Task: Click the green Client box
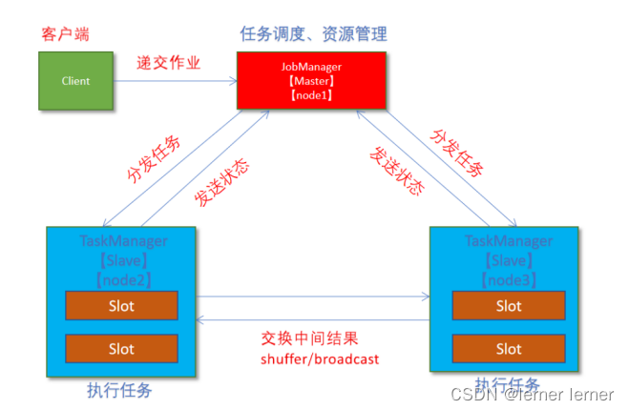(x=75, y=81)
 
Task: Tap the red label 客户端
(x=64, y=34)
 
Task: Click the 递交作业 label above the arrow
(x=169, y=63)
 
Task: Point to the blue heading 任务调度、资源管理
(x=313, y=34)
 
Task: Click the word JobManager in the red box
(x=311, y=68)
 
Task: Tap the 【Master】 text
(x=311, y=83)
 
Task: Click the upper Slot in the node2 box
(x=121, y=306)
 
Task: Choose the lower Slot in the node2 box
(x=121, y=349)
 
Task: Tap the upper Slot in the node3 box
(x=508, y=306)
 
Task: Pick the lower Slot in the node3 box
(x=508, y=349)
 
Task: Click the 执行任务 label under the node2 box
(x=118, y=390)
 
